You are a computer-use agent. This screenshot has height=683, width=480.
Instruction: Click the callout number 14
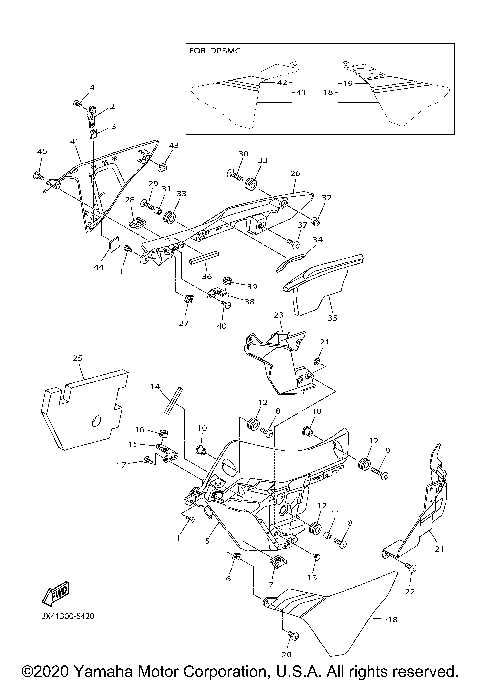click(x=155, y=386)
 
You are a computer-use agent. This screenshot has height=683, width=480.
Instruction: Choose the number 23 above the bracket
click(x=280, y=315)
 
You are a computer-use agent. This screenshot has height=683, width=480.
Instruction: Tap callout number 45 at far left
click(x=41, y=151)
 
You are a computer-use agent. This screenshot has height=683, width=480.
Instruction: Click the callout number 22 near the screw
click(x=411, y=592)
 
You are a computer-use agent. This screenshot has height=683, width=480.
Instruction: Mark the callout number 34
click(x=318, y=240)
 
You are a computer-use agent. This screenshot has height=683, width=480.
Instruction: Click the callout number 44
click(x=100, y=269)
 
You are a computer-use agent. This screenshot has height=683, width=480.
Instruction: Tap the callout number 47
click(x=184, y=324)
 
